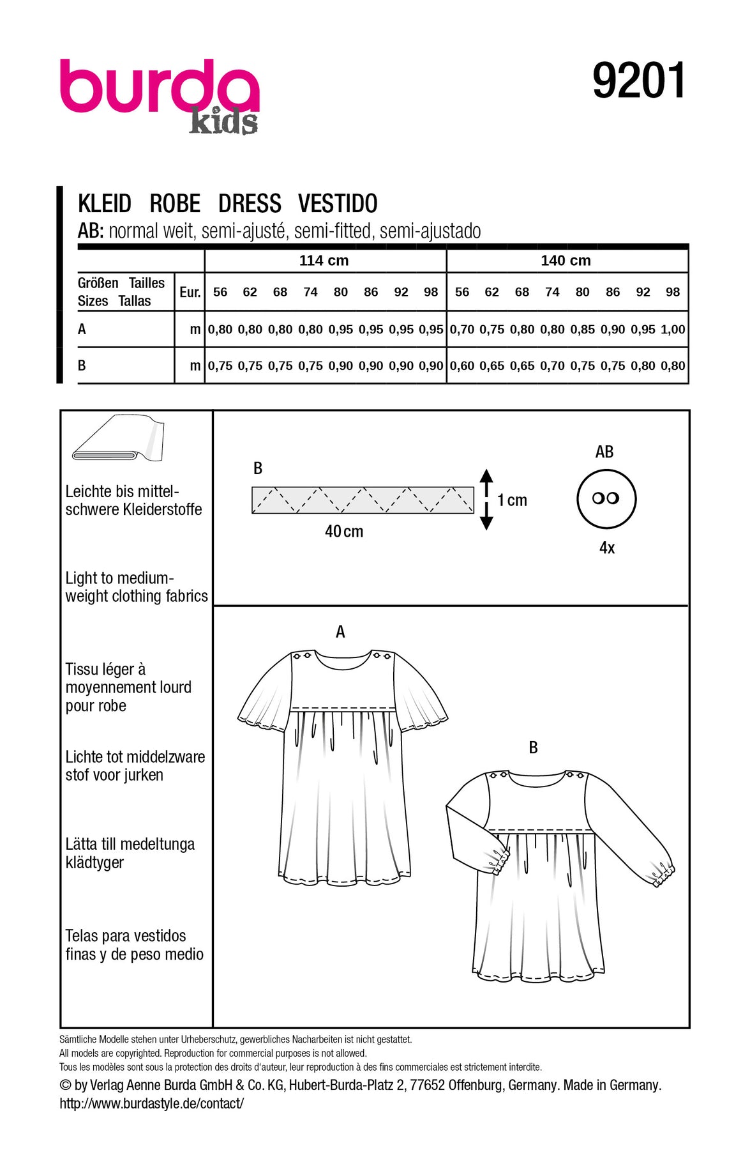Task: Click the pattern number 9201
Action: (639, 81)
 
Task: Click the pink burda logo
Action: (160, 87)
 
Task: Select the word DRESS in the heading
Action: (250, 204)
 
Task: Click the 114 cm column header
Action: (324, 261)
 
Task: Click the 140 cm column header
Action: (566, 261)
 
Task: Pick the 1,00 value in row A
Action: (673, 330)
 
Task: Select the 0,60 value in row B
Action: (462, 366)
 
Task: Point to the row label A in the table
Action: (82, 330)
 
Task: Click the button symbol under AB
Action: (606, 498)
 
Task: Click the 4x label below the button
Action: (607, 548)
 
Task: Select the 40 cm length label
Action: (344, 532)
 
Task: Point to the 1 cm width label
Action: (513, 500)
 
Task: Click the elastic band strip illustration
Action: (363, 500)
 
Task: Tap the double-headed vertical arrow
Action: (486, 499)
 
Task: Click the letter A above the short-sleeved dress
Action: (340, 632)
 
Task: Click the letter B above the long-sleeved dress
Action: (534, 747)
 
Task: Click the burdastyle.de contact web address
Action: (152, 1103)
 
